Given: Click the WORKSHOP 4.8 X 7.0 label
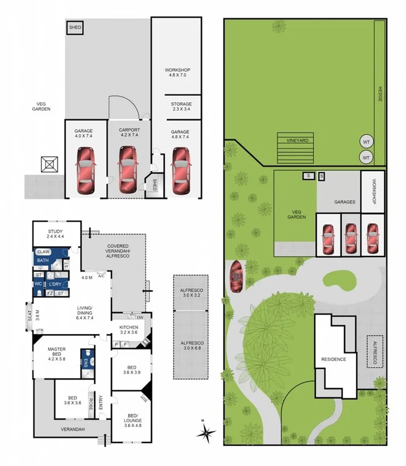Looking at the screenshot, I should [177, 73].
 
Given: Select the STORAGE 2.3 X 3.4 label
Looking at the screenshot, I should [181, 107].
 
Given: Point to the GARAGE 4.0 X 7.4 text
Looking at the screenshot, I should [83, 133].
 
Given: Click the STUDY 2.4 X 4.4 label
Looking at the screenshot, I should [55, 234].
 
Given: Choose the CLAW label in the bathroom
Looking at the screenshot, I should [44, 252].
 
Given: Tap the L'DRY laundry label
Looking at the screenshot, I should [55, 285].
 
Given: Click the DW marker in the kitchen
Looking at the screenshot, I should [140, 317].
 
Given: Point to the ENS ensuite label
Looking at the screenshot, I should [85, 363].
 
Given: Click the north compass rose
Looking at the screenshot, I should [207, 431].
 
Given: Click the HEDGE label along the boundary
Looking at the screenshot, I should [380, 95].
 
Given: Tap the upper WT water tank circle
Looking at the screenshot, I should [365, 142].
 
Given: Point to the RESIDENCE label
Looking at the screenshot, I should [333, 359].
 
